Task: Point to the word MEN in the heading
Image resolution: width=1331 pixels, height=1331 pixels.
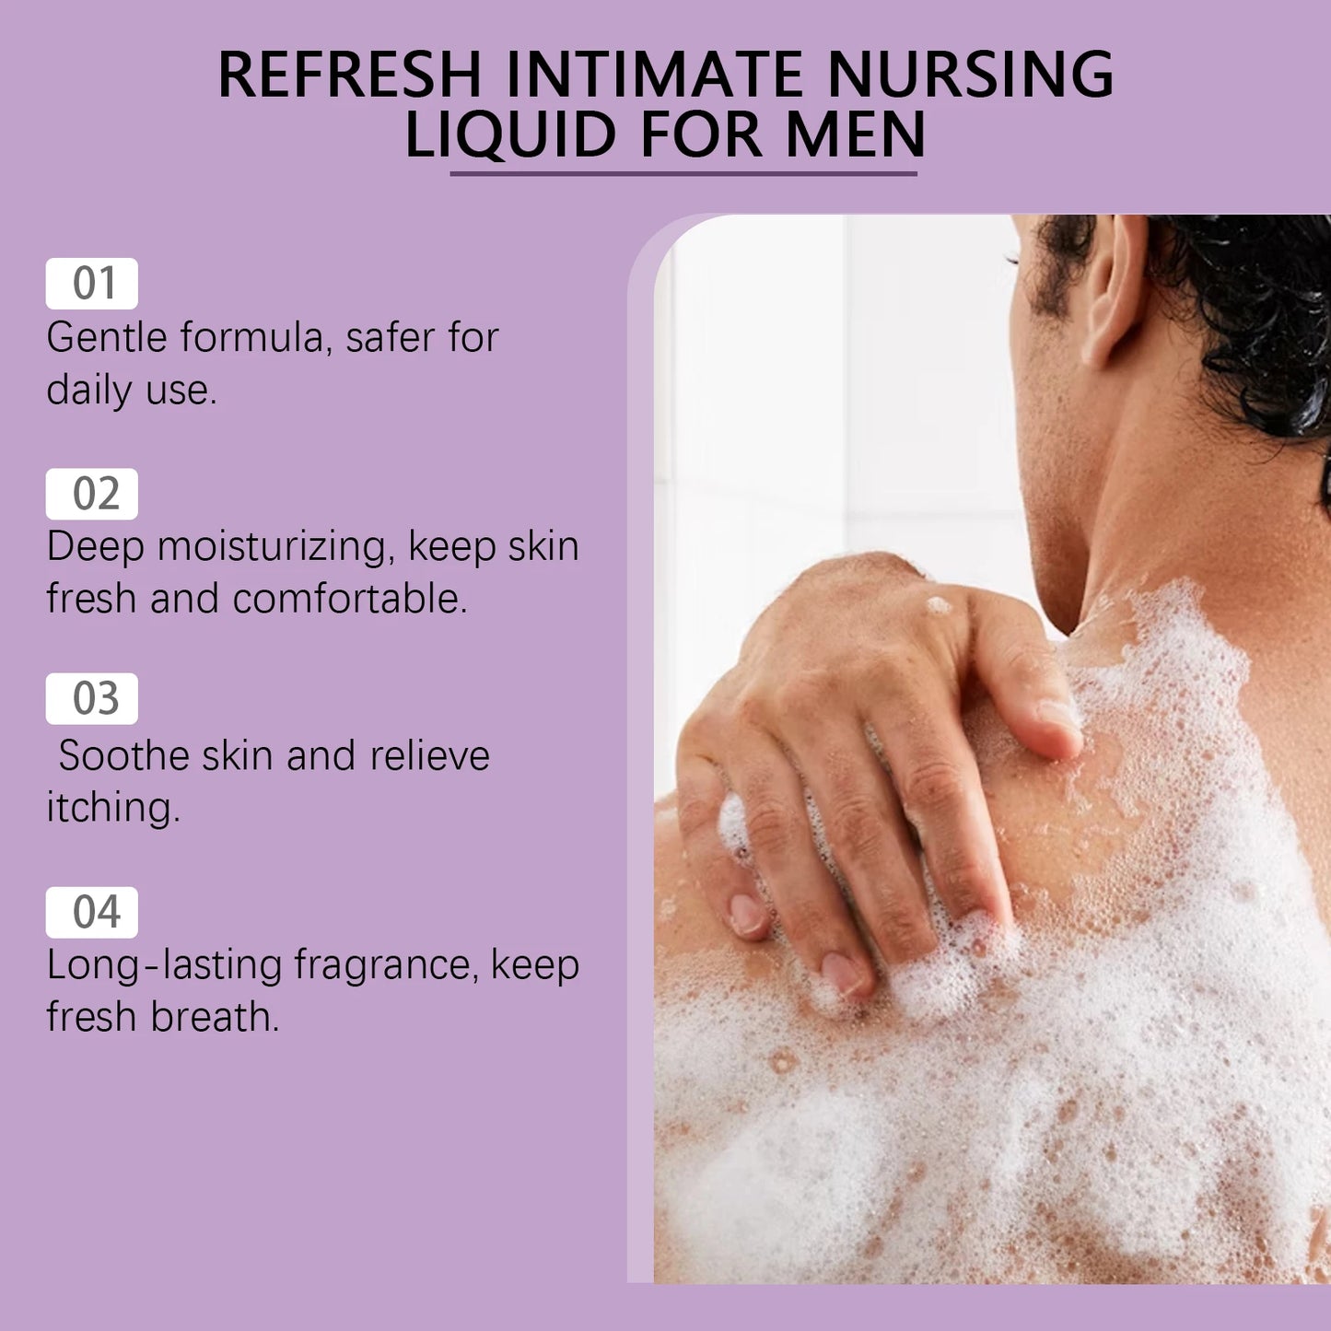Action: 856,134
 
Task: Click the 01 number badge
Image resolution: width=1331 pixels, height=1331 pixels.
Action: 92,284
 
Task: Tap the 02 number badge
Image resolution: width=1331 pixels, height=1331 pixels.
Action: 92,494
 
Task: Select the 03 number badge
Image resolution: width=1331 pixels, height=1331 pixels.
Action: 92,699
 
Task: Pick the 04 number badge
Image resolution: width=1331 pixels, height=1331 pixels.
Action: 92,912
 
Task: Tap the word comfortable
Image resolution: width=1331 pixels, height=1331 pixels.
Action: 350,599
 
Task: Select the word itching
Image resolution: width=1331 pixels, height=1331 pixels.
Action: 112,808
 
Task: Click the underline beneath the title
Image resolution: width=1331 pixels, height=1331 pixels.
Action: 683,172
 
